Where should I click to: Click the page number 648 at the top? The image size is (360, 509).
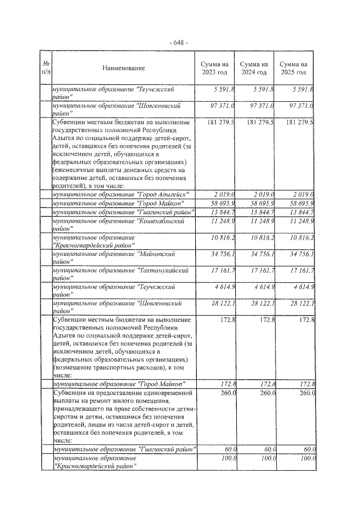point(180,43)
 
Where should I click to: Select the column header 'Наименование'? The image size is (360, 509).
point(124,68)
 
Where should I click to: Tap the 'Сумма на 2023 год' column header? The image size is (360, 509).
point(214,68)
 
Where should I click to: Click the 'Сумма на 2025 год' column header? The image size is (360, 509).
point(293,68)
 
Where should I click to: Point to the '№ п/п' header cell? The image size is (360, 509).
point(47,68)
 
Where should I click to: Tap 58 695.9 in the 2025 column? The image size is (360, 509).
point(300,202)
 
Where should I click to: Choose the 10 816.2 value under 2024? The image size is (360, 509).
point(260,238)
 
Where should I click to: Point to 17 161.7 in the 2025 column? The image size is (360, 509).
point(300,271)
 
